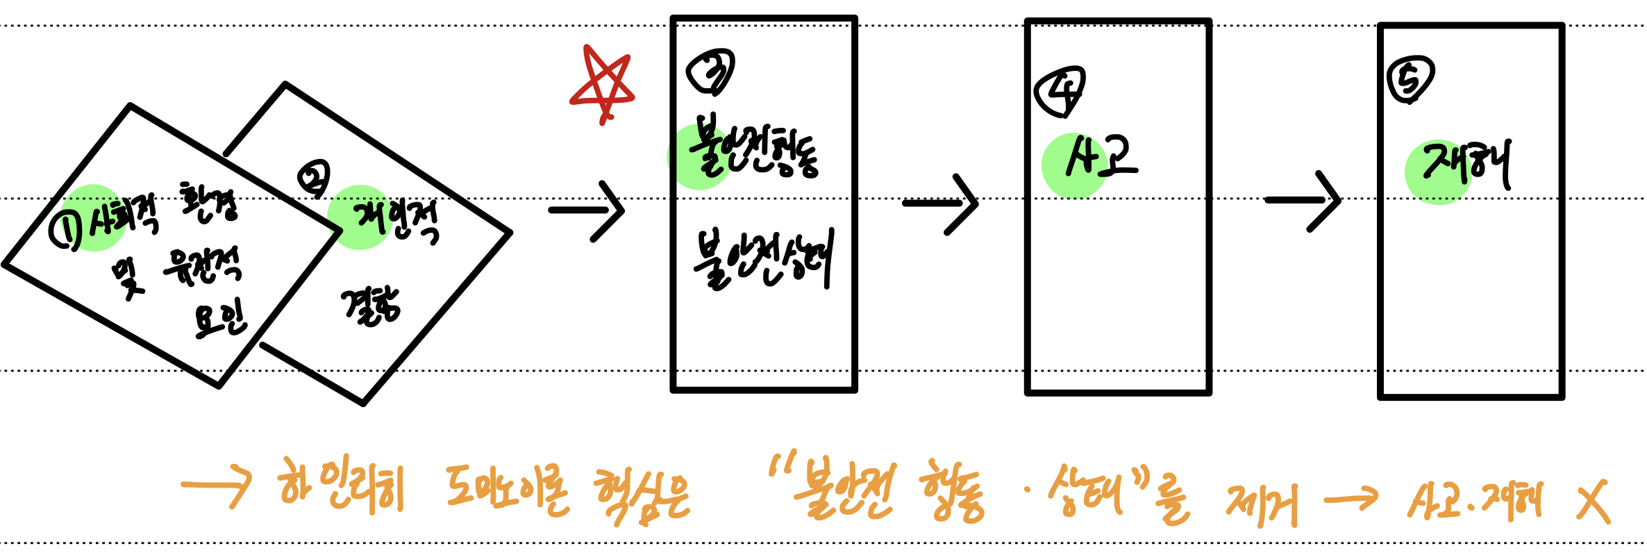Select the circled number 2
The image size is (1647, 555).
[314, 179]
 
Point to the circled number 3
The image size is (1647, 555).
[710, 72]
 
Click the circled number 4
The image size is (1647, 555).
[1060, 91]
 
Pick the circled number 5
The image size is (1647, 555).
[1410, 79]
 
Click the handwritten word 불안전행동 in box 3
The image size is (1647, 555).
[753, 150]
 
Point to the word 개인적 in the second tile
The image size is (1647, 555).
[396, 220]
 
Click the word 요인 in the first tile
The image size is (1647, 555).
[220, 320]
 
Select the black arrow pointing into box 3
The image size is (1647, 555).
[587, 210]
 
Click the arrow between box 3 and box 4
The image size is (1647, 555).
[941, 204]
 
